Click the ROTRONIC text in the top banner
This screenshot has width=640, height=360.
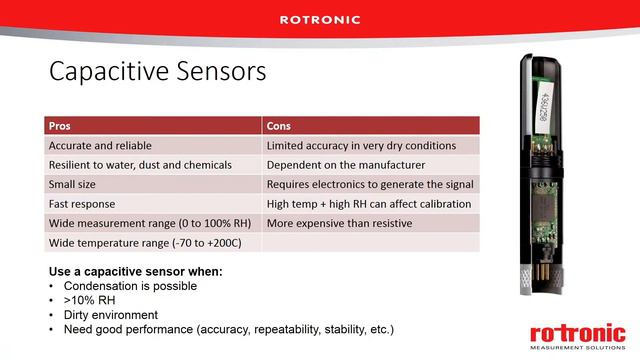pyautogui.click(x=319, y=19)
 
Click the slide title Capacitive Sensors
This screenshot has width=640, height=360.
pyautogui.click(x=157, y=72)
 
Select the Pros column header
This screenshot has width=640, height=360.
pyautogui.click(x=60, y=126)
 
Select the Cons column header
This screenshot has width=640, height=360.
pyautogui.click(x=279, y=126)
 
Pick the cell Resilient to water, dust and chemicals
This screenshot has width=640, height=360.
pyautogui.click(x=140, y=164)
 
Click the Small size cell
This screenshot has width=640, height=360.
pyautogui.click(x=75, y=184)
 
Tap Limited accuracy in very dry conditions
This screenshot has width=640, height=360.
pyautogui.click(x=361, y=145)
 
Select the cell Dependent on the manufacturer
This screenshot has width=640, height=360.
pyautogui.click(x=346, y=164)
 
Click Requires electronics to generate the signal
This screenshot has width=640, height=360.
pyautogui.click(x=370, y=184)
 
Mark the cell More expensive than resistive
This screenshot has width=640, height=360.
pyautogui.click(x=339, y=222)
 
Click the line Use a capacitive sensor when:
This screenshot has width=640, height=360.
pyautogui.click(x=135, y=272)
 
